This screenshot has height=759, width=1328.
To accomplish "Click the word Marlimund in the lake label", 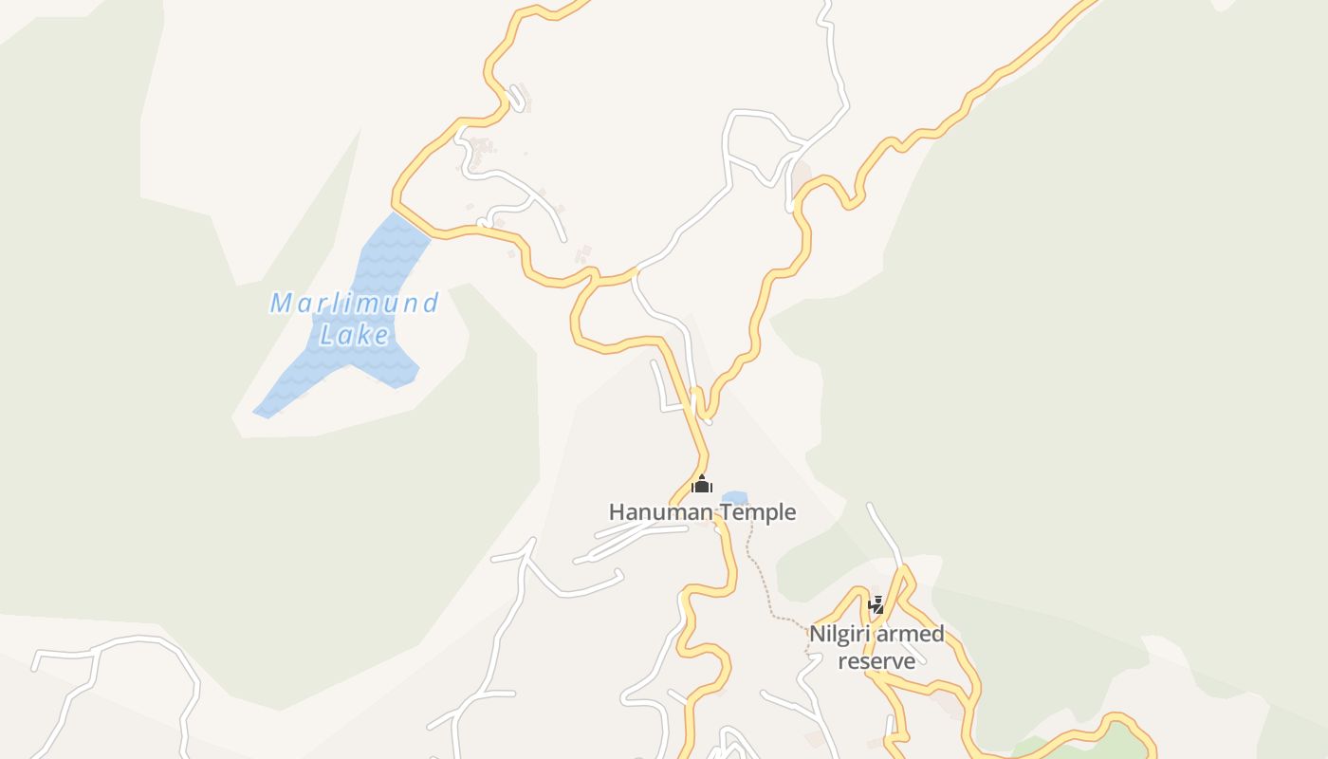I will coord(354,304).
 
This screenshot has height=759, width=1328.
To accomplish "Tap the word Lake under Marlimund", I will coord(355,335).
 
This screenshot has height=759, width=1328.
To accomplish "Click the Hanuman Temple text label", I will coord(702,512).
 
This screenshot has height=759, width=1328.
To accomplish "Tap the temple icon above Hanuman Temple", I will coord(702,486).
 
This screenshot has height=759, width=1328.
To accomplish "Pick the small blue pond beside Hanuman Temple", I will coord(735,497).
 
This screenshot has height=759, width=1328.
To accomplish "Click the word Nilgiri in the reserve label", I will coord(838,634).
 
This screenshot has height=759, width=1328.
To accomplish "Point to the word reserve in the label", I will coord(876,660).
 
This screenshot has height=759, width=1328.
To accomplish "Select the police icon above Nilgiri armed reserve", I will coord(876,604).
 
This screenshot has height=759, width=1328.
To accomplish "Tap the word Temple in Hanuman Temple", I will coord(757,512).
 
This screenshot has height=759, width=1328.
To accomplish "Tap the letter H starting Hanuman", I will coord(616,512).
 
